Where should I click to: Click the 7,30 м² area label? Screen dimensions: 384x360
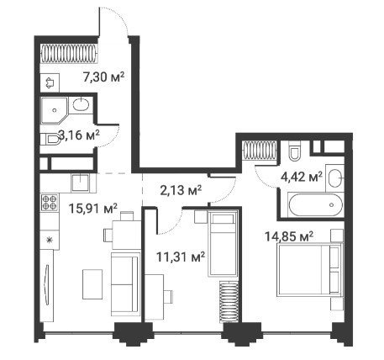pos(103,77)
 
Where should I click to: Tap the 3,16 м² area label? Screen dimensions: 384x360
pos(79,135)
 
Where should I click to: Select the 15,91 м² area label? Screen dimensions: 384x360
pos(92,209)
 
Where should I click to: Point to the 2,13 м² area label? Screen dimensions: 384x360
pos(181,190)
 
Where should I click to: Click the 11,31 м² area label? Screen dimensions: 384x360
pos(181,257)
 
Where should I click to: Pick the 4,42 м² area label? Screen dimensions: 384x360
pos(302,177)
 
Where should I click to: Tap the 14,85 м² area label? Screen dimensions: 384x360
pos(289,236)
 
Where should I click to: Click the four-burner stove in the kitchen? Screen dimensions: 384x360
pos(50,203)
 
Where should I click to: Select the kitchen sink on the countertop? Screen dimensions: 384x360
pos(81,183)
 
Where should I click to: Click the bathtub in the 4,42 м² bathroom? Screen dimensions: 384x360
pos(315,204)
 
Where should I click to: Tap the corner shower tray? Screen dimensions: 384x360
pos(55,110)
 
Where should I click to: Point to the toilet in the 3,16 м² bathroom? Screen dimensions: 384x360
pos(50,139)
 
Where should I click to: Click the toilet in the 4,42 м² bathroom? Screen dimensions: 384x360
pos(294,151)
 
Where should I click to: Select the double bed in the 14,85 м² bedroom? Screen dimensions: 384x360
pos(310,270)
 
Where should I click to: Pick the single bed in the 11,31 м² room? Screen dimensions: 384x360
pos(224,244)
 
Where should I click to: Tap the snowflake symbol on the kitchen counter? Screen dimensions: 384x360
pos(50,240)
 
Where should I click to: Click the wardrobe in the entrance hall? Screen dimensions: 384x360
pos(70,54)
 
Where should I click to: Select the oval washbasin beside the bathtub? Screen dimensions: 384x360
pos(335,178)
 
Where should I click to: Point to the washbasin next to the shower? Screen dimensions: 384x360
pos(81,105)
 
